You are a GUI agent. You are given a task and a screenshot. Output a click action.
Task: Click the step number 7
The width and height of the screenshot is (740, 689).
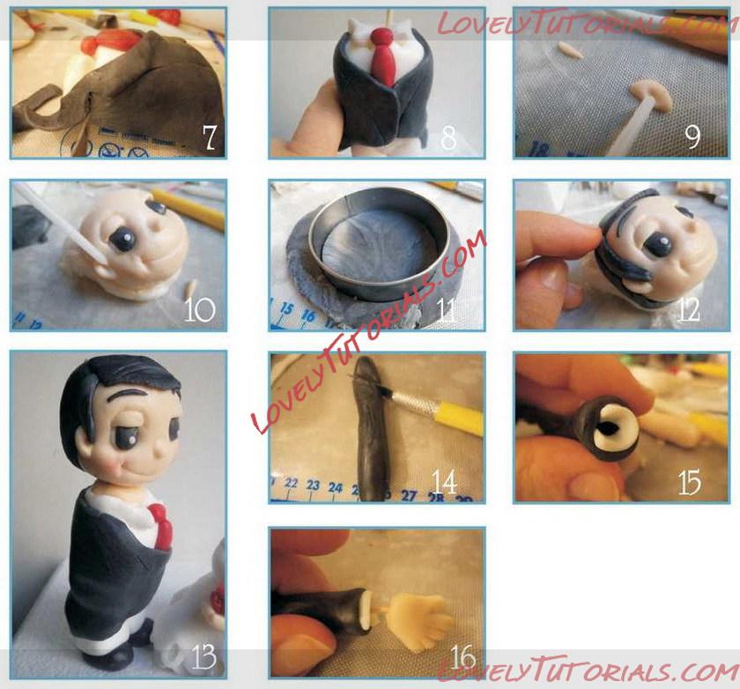[x=210, y=137]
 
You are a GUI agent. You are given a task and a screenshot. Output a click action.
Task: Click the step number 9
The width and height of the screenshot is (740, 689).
[x=692, y=137]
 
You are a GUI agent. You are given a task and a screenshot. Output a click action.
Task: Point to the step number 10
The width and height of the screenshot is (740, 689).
[x=199, y=310]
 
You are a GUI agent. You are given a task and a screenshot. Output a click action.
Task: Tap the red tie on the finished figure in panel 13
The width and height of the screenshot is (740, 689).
[x=159, y=525]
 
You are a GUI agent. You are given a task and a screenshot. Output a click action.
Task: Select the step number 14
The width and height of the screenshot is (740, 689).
[x=444, y=483]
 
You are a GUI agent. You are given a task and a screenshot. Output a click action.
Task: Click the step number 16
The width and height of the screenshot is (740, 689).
[x=462, y=657]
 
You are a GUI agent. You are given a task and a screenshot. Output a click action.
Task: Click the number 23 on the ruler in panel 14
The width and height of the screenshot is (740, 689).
[x=313, y=485]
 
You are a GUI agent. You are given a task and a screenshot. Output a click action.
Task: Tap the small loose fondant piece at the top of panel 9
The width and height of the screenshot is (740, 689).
[x=571, y=49]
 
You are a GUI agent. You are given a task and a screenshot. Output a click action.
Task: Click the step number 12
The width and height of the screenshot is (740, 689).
[x=688, y=310]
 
